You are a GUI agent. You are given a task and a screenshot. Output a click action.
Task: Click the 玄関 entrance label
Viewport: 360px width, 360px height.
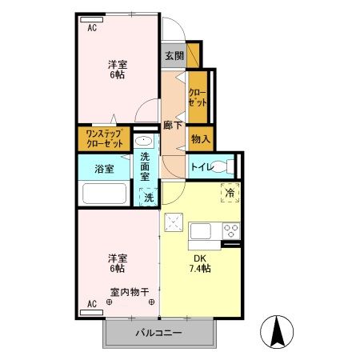(x=174, y=56)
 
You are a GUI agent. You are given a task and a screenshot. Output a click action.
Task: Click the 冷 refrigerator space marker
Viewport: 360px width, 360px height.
(x=230, y=193)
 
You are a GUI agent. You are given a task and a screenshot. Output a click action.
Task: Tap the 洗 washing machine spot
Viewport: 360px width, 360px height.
(x=149, y=198)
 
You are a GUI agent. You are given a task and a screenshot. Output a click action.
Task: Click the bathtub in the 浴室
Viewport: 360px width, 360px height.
(x=105, y=194)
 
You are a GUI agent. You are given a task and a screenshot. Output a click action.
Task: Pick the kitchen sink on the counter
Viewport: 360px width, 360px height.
(x=201, y=232)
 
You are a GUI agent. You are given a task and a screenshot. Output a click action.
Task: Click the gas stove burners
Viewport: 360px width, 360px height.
(x=230, y=232)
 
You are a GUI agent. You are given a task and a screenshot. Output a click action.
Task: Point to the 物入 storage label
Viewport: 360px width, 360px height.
(x=200, y=139)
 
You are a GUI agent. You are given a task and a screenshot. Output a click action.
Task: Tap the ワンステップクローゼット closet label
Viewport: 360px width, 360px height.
(x=105, y=139)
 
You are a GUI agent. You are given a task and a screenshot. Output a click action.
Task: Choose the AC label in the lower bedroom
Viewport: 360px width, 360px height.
(x=92, y=304)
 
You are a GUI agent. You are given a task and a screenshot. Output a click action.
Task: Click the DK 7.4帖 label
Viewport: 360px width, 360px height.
(x=198, y=263)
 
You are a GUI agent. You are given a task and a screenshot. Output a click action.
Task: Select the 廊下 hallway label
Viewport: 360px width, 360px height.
(x=170, y=126)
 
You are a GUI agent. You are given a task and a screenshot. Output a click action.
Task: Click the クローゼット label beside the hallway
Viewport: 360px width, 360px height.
(x=198, y=98)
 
